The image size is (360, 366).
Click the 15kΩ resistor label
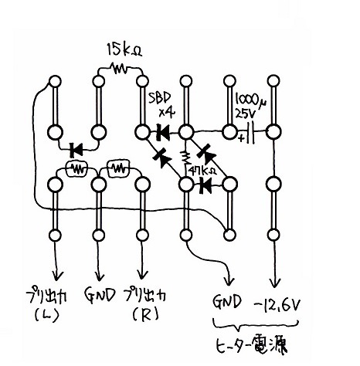(124, 49)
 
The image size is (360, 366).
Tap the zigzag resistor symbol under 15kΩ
(119, 69)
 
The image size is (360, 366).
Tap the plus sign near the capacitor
(242, 138)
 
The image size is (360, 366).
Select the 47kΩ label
(202, 171)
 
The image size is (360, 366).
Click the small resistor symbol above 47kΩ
(185, 158)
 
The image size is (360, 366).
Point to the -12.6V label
(277, 306)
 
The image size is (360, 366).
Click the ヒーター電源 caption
(251, 344)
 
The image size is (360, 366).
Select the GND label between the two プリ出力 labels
(100, 296)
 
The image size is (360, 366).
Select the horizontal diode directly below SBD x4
(163, 132)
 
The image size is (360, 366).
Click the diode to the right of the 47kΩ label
(206, 185)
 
